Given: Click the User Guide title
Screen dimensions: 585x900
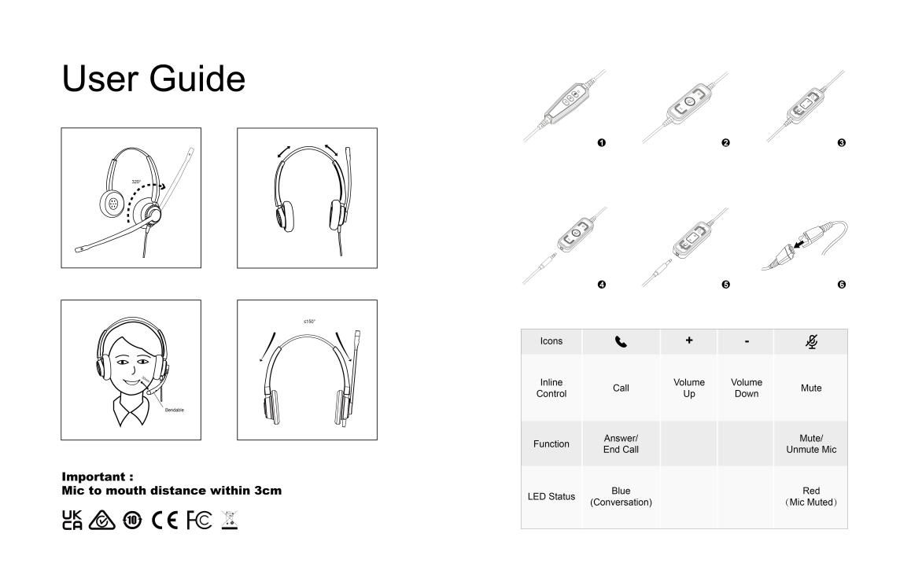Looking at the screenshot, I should (153, 79).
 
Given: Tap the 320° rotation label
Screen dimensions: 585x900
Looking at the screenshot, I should (136, 182).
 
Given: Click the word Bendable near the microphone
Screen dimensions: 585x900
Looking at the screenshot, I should (175, 410).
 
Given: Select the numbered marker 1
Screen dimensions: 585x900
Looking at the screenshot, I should (602, 142).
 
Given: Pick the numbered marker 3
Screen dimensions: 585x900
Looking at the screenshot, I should (842, 142).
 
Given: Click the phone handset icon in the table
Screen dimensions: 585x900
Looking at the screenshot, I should (621, 342).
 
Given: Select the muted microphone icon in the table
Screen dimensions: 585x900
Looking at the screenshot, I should (810, 342).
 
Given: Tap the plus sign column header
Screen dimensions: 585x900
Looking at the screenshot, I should (688, 342).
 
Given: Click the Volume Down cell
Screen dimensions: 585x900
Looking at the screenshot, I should (746, 388).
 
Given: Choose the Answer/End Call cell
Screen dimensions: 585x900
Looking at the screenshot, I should (621, 443).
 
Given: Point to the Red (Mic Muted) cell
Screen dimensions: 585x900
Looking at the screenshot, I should (810, 496).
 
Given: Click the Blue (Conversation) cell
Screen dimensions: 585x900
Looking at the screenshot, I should (621, 496).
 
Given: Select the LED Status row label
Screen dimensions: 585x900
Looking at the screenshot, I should (551, 496).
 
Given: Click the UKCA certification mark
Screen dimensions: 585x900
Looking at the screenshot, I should (72, 521).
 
